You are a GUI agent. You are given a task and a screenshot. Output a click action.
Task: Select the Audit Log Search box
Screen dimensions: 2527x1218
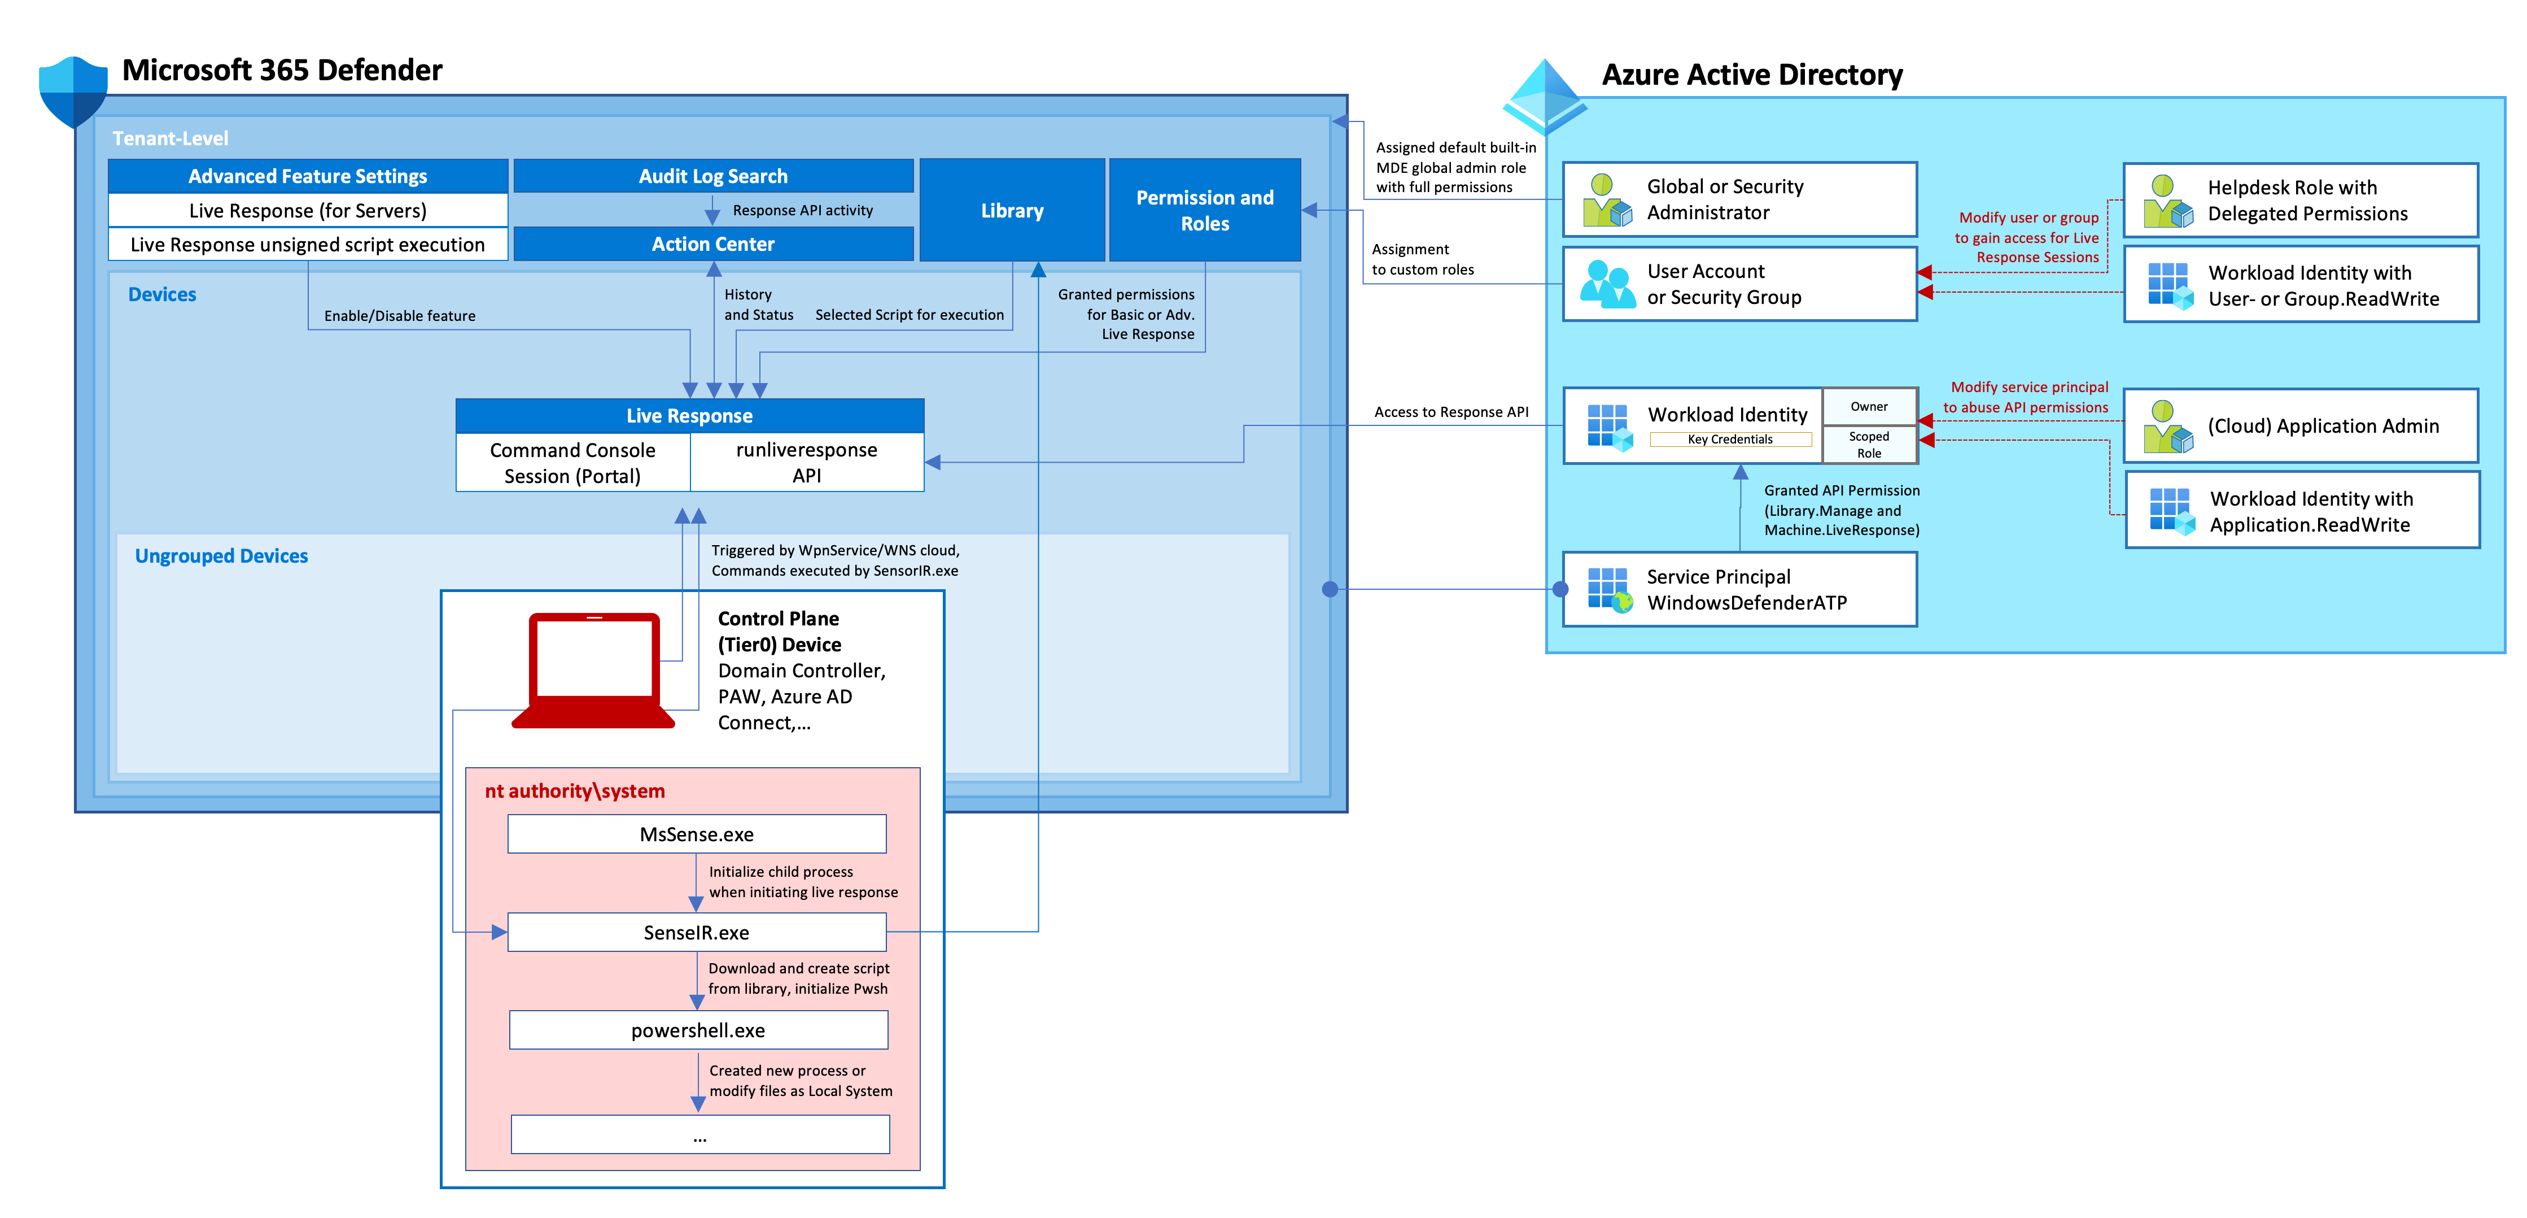pos(713,176)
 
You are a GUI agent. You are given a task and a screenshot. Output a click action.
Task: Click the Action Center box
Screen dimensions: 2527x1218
pos(713,243)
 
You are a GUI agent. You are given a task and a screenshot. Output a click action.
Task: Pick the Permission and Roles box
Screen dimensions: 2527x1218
pos(1205,210)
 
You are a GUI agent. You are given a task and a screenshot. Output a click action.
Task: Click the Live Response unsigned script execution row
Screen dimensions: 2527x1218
pos(308,245)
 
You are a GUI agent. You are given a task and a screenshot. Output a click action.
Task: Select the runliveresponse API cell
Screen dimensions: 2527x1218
pos(806,462)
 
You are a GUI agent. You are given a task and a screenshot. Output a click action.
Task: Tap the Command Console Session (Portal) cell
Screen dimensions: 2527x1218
pos(573,462)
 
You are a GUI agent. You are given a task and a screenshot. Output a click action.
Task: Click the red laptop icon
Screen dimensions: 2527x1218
pos(593,671)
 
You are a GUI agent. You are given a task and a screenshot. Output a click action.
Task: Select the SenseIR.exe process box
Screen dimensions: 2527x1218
pos(697,932)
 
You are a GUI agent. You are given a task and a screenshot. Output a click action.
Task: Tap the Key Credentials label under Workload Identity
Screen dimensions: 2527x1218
pos(1730,440)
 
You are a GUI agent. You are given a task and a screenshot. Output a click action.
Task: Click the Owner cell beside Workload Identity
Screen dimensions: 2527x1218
pos(1869,406)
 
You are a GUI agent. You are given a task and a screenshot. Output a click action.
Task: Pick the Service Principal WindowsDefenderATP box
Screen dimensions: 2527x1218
pos(1740,589)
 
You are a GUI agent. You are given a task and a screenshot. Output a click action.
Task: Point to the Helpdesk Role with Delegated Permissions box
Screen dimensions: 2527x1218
pos(2301,200)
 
